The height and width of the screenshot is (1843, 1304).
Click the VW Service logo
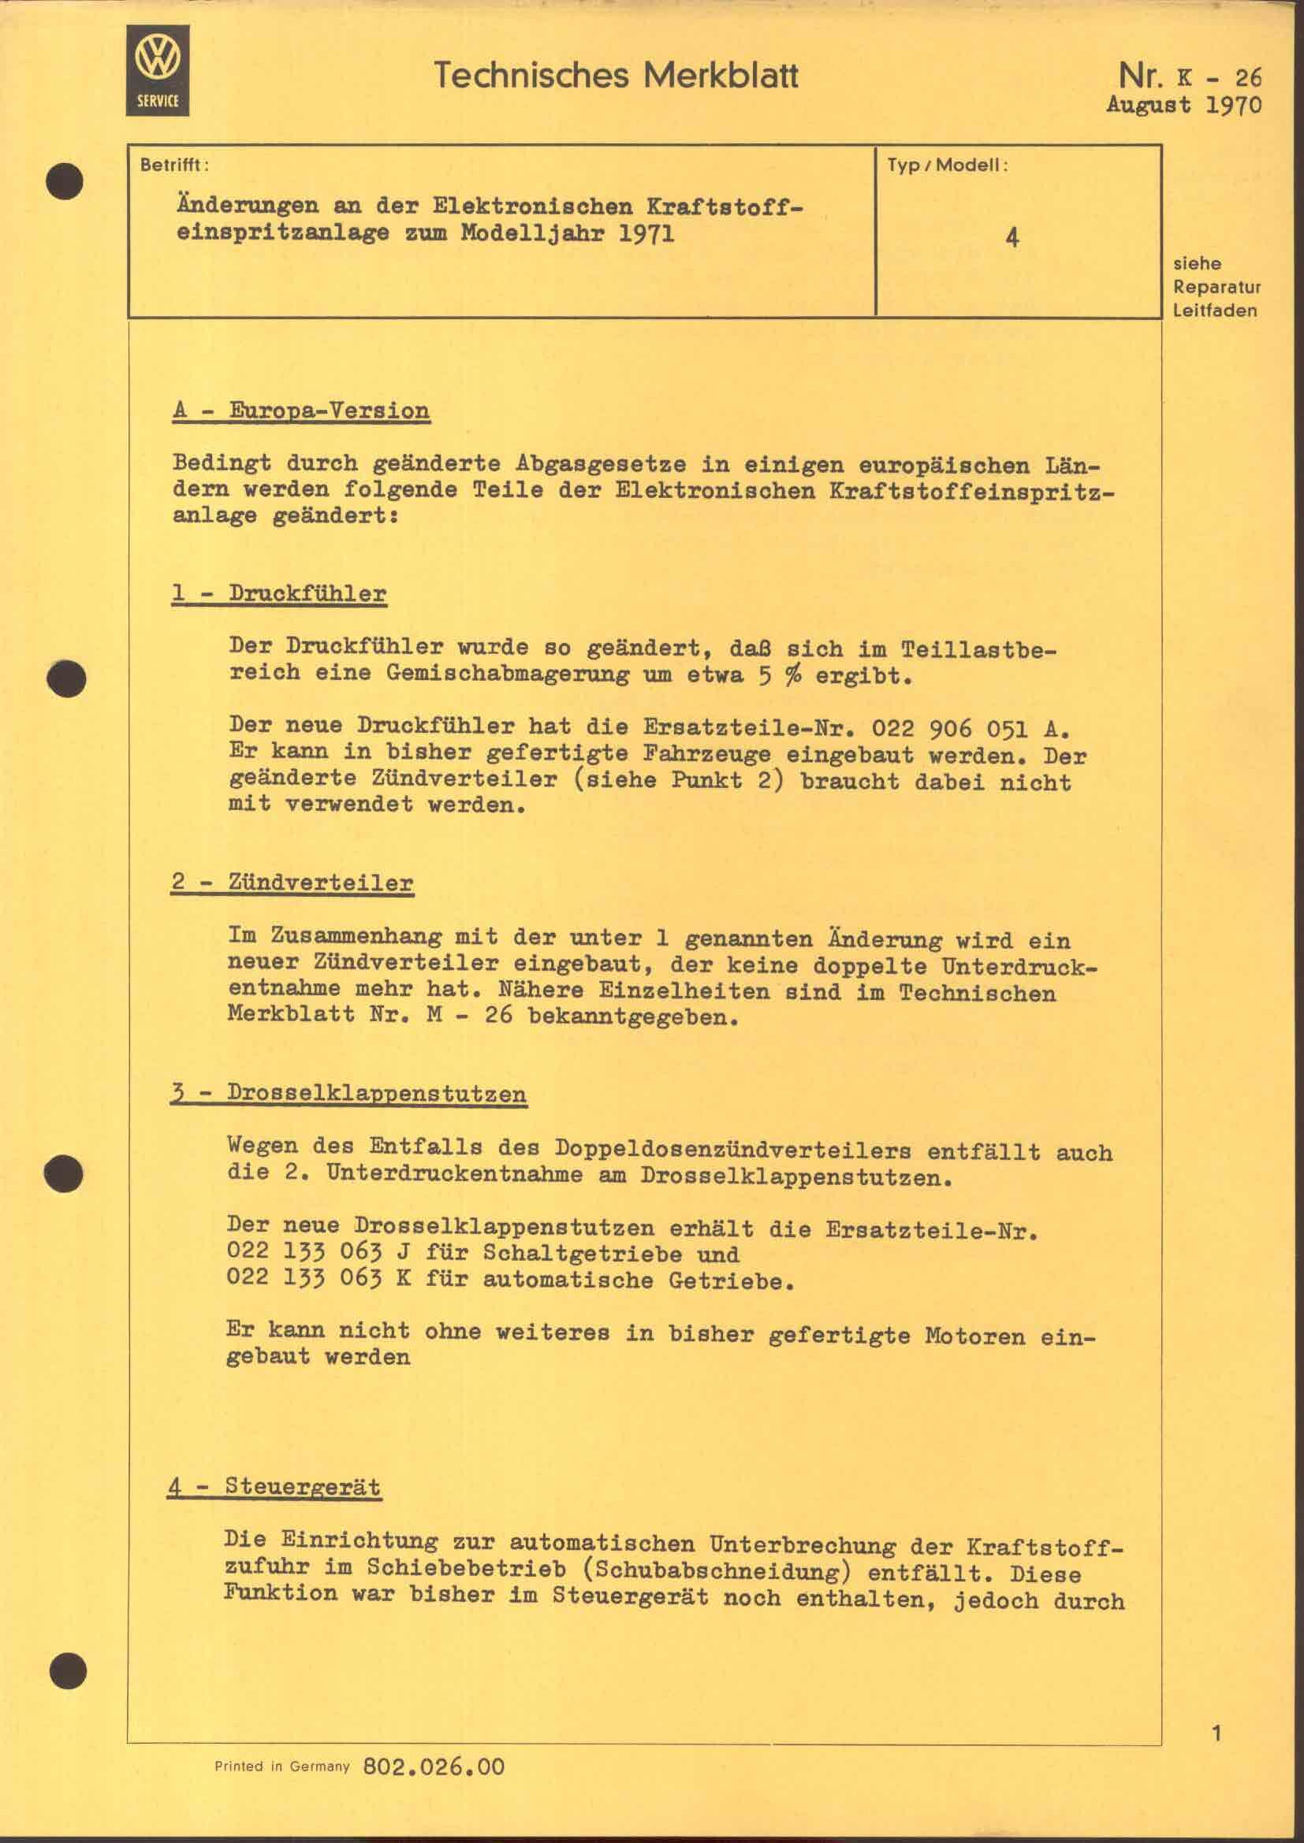pyautogui.click(x=158, y=70)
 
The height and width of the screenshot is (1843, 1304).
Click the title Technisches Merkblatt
pyautogui.click(x=616, y=76)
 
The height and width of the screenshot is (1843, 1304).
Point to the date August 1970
pyautogui.click(x=1183, y=105)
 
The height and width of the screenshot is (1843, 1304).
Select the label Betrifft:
pyautogui.click(x=174, y=165)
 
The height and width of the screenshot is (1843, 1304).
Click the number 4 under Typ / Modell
pyautogui.click(x=1012, y=238)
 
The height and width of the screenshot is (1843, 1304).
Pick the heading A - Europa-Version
pyautogui.click(x=301, y=411)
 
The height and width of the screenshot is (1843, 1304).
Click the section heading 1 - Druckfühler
pyautogui.click(x=278, y=594)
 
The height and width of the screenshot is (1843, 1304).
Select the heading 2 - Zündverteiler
pyautogui.click(x=292, y=883)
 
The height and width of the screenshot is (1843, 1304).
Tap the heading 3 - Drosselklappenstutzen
pyautogui.click(x=348, y=1094)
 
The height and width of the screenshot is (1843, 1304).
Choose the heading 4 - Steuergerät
pyautogui.click(x=274, y=1487)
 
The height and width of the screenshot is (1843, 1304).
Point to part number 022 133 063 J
pyautogui.click(x=319, y=1254)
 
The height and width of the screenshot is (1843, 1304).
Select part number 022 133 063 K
pyautogui.click(x=319, y=1279)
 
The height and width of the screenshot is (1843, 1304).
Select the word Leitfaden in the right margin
pyautogui.click(x=1214, y=310)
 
